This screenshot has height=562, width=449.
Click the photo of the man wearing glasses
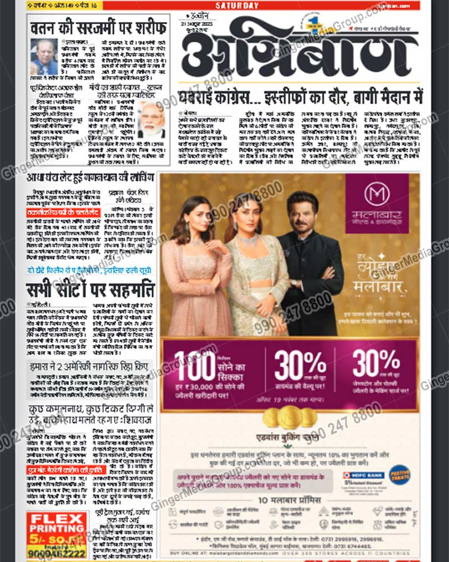[43, 56]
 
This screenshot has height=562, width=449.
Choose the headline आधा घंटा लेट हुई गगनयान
[92, 178]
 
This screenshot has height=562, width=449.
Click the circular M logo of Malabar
[376, 194]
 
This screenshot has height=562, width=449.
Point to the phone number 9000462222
[57, 554]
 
